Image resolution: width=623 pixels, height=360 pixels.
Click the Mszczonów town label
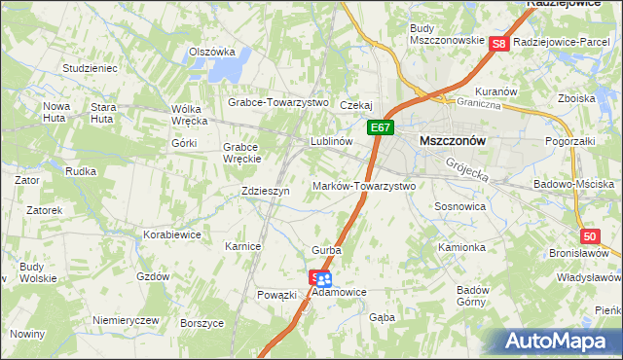pos(451,140)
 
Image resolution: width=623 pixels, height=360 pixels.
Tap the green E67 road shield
pos(381,127)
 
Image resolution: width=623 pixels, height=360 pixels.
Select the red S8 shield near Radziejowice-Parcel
pos(498,44)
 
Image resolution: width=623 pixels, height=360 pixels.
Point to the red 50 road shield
pos(589,236)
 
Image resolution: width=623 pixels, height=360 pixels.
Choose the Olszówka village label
pos(212,52)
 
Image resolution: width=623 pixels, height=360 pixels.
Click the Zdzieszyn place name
pos(265,192)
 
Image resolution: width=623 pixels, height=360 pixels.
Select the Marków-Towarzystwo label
pos(363,185)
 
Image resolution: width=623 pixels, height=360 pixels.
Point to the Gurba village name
pos(326,250)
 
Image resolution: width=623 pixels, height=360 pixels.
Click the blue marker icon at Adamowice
pos(324,279)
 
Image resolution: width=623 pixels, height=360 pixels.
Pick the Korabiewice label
pos(171,234)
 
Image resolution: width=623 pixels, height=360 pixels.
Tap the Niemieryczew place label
pos(125,320)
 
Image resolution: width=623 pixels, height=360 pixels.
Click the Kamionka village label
pos(460,247)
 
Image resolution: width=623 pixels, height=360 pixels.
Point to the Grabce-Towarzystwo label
pos(278,101)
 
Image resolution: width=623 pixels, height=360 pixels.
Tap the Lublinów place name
pos(330,141)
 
